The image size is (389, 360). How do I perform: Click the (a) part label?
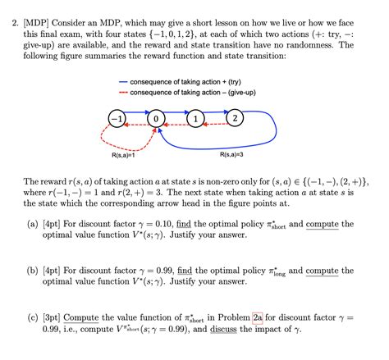point(33,224)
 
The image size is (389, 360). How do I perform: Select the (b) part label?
point(33,270)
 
